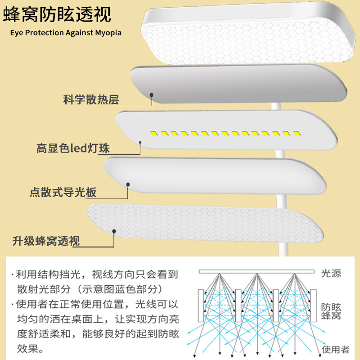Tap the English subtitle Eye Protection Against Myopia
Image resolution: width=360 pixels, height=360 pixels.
[63, 33]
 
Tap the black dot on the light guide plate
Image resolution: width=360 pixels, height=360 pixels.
[128, 184]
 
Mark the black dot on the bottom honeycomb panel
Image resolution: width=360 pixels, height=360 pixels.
[114, 232]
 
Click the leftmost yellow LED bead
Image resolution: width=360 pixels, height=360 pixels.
[153, 133]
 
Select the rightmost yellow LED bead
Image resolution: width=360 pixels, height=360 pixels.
[296, 134]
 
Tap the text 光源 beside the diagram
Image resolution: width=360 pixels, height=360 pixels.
[331, 274]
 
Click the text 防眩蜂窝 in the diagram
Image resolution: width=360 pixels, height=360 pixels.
[331, 310]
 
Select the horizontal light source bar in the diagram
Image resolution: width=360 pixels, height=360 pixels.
[256, 272]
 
